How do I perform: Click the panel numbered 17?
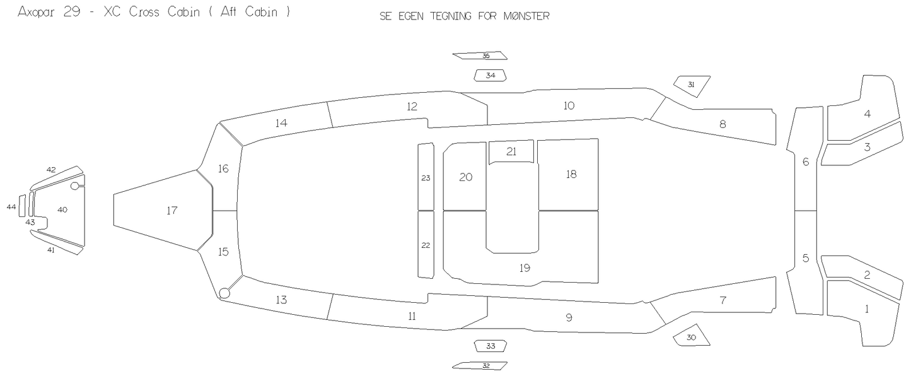point(163,210)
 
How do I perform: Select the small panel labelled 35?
point(480,56)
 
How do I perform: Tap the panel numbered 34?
point(490,75)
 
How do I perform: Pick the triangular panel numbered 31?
point(692,85)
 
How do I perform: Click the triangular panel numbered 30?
point(692,336)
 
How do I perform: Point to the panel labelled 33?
point(490,346)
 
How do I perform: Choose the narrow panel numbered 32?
point(480,365)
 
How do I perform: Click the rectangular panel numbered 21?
point(511,152)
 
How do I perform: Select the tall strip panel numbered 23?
point(426,177)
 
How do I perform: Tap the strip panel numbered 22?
point(426,245)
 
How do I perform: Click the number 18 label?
point(571,174)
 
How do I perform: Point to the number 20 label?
point(466,177)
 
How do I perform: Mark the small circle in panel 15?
point(224,293)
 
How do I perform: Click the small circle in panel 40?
point(75,186)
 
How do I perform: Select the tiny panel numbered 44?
point(22,206)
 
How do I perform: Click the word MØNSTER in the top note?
point(526,16)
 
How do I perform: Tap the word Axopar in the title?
point(36,12)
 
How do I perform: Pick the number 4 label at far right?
point(867,114)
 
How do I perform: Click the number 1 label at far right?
point(867,309)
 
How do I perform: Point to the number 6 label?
point(806,162)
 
